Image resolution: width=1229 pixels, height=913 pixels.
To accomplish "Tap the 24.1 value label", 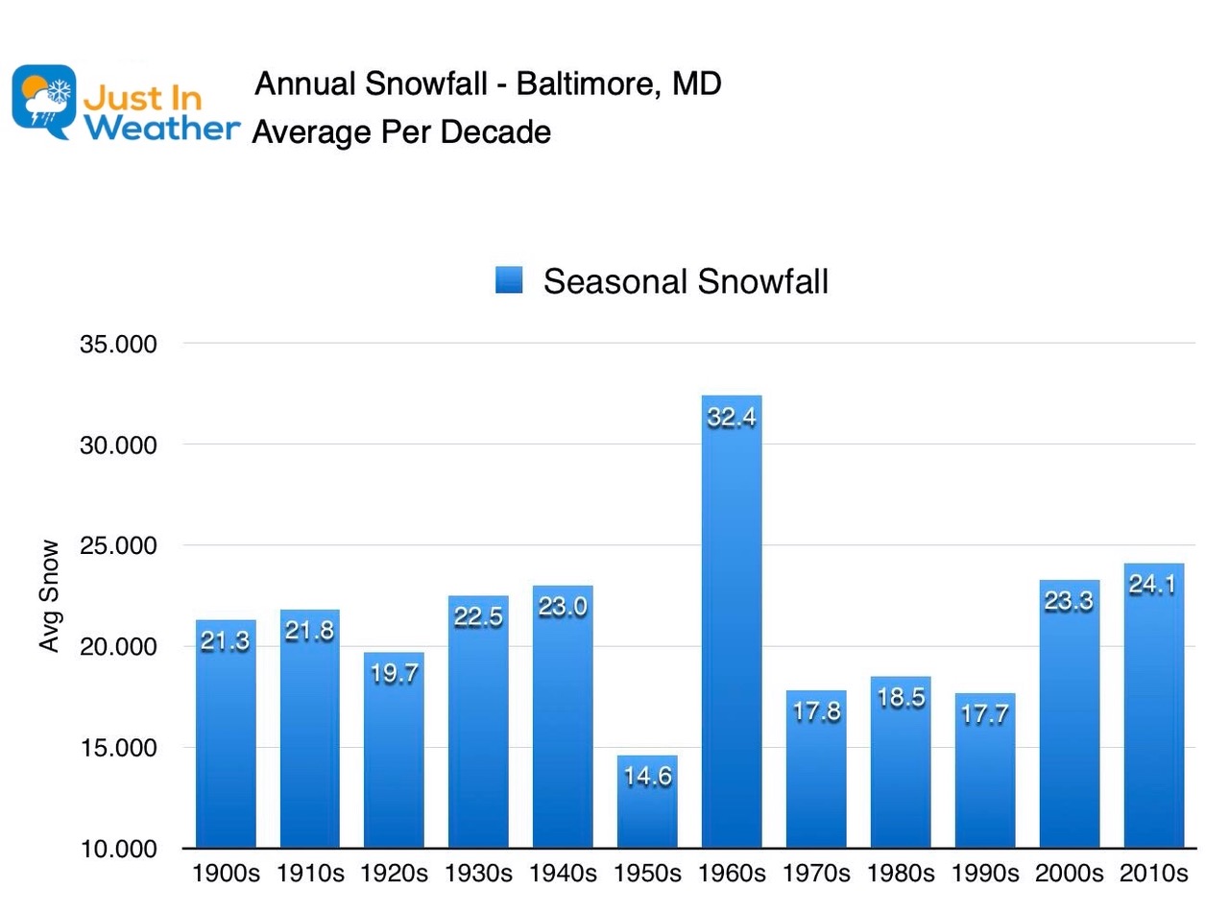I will click(x=1154, y=585).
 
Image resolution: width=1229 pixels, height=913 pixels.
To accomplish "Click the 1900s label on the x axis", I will click(x=225, y=875).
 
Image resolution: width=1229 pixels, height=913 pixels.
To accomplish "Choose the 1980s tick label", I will click(x=901, y=875).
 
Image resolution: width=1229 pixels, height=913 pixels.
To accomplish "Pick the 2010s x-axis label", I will click(x=1154, y=875).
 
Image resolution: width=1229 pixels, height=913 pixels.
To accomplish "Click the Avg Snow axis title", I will click(x=50, y=596).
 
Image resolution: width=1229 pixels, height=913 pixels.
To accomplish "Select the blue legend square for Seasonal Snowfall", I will click(x=509, y=280).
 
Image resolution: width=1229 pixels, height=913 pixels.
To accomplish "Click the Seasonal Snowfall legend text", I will click(x=686, y=281).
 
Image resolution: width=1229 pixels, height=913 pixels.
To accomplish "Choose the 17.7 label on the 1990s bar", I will click(x=984, y=714).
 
